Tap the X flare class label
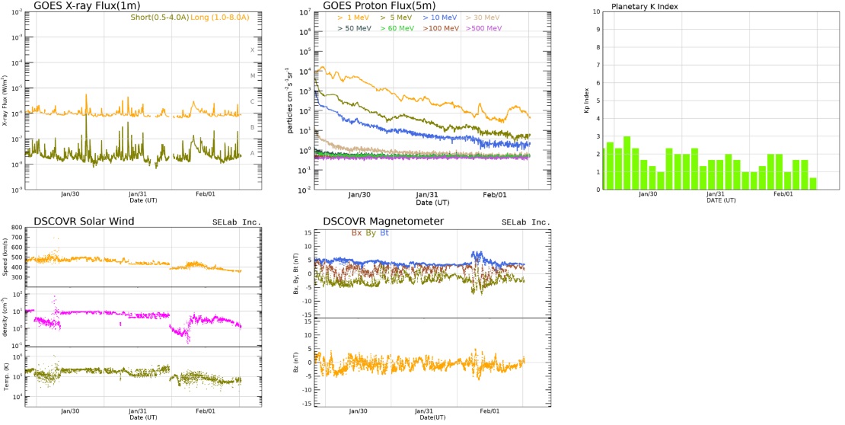point(252,50)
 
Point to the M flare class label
point(252,75)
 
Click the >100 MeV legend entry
point(439,28)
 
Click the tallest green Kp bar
point(627,163)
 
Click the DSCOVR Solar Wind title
point(84,221)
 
